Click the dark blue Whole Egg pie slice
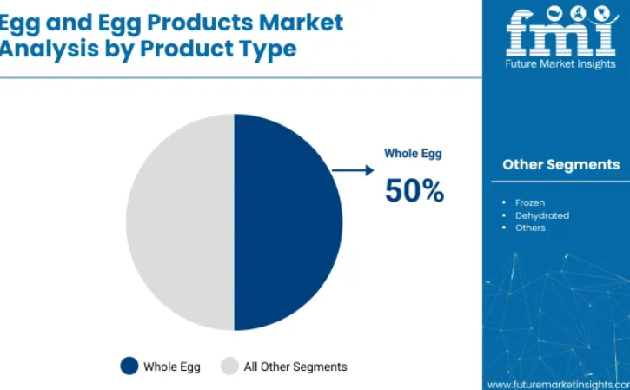coord(288,222)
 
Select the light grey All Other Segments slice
coord(181,222)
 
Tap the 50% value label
coord(414,190)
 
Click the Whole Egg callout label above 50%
coord(413,154)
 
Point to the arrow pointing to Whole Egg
coord(353,170)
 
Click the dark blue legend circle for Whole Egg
coord(129,366)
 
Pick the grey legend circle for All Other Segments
coord(229,366)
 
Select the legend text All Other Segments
coord(295,367)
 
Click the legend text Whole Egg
coord(172,367)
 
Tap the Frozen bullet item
coord(530,202)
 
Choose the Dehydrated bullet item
coord(542,215)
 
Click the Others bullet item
coord(530,228)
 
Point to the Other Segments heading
coord(560,165)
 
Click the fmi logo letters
coord(560,31)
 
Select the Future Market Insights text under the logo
coord(560,64)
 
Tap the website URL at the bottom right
coord(559,385)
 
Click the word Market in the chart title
coord(301,22)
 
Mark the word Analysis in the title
coord(49,49)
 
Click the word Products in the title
coord(200,22)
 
